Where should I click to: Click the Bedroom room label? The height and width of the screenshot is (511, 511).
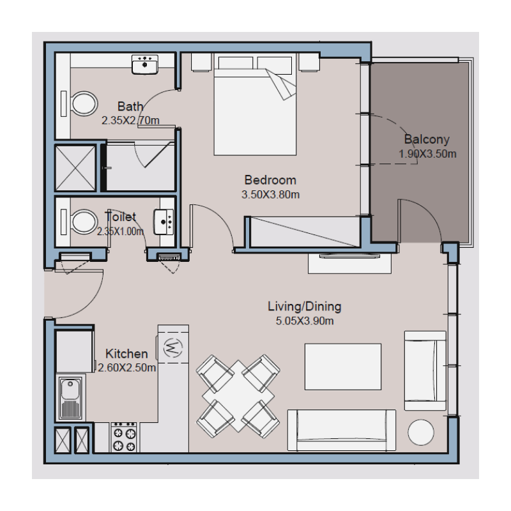click(x=270, y=179)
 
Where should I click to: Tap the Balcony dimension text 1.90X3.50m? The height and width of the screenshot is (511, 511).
click(x=427, y=154)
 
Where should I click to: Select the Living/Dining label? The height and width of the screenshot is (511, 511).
click(x=305, y=306)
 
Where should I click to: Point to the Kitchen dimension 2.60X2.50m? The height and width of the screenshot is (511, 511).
click(x=127, y=367)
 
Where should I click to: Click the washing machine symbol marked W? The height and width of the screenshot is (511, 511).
click(x=173, y=347)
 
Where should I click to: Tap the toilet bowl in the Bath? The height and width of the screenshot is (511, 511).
click(x=82, y=103)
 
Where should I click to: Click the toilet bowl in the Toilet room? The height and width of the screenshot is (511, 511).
click(x=82, y=223)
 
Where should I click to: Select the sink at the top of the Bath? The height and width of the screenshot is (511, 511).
click(x=146, y=64)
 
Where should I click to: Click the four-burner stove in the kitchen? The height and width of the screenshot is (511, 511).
click(x=124, y=438)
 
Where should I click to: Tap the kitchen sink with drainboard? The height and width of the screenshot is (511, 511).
click(x=70, y=398)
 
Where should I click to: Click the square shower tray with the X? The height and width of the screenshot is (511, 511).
click(x=75, y=168)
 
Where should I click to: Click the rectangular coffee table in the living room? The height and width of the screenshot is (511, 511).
click(x=343, y=367)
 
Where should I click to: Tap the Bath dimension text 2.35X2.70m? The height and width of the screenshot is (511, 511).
click(x=130, y=119)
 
